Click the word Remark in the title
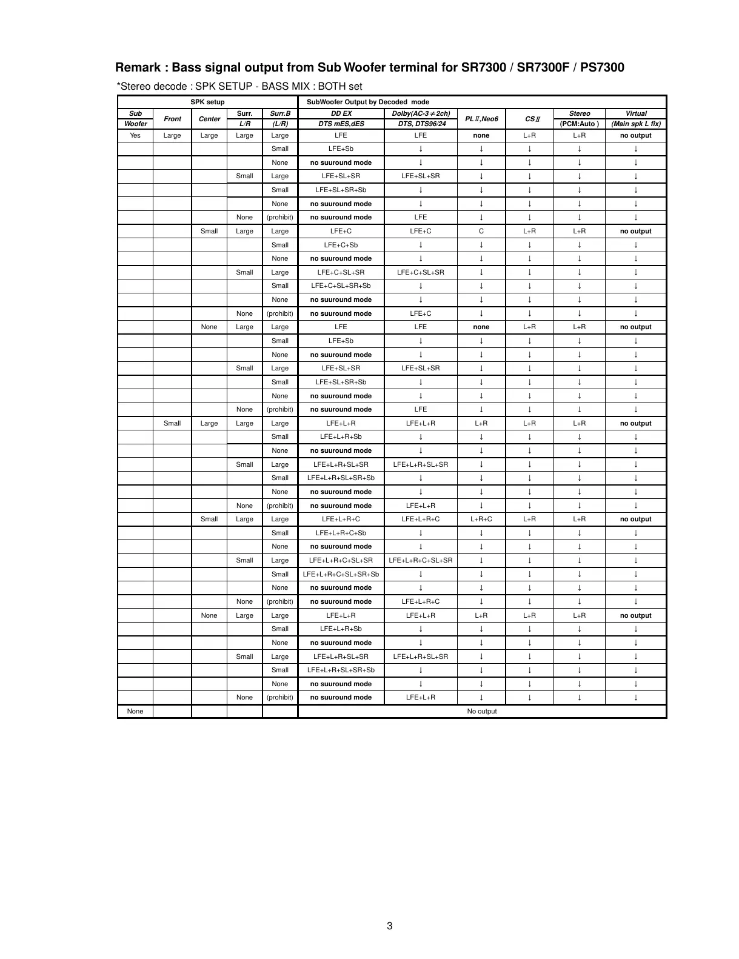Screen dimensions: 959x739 point(138,67)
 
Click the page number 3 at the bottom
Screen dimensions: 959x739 point(389,926)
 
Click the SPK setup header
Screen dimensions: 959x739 point(207,102)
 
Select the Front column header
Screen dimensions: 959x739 point(172,119)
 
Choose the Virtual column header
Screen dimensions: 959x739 point(635,113)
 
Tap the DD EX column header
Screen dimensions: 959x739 point(341,113)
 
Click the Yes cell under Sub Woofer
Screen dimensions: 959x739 point(135,135)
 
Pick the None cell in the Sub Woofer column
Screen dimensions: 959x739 point(135,711)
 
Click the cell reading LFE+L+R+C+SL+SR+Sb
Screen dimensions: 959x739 point(341,574)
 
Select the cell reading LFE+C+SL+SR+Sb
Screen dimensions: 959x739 point(341,286)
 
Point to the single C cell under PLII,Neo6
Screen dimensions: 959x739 point(481,231)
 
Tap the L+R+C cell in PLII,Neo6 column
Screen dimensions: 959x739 point(481,519)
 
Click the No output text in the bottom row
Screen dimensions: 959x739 point(481,711)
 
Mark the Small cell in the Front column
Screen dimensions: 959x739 point(172,423)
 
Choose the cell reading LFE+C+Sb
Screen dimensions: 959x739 point(341,245)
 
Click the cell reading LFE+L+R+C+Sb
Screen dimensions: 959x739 point(341,533)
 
